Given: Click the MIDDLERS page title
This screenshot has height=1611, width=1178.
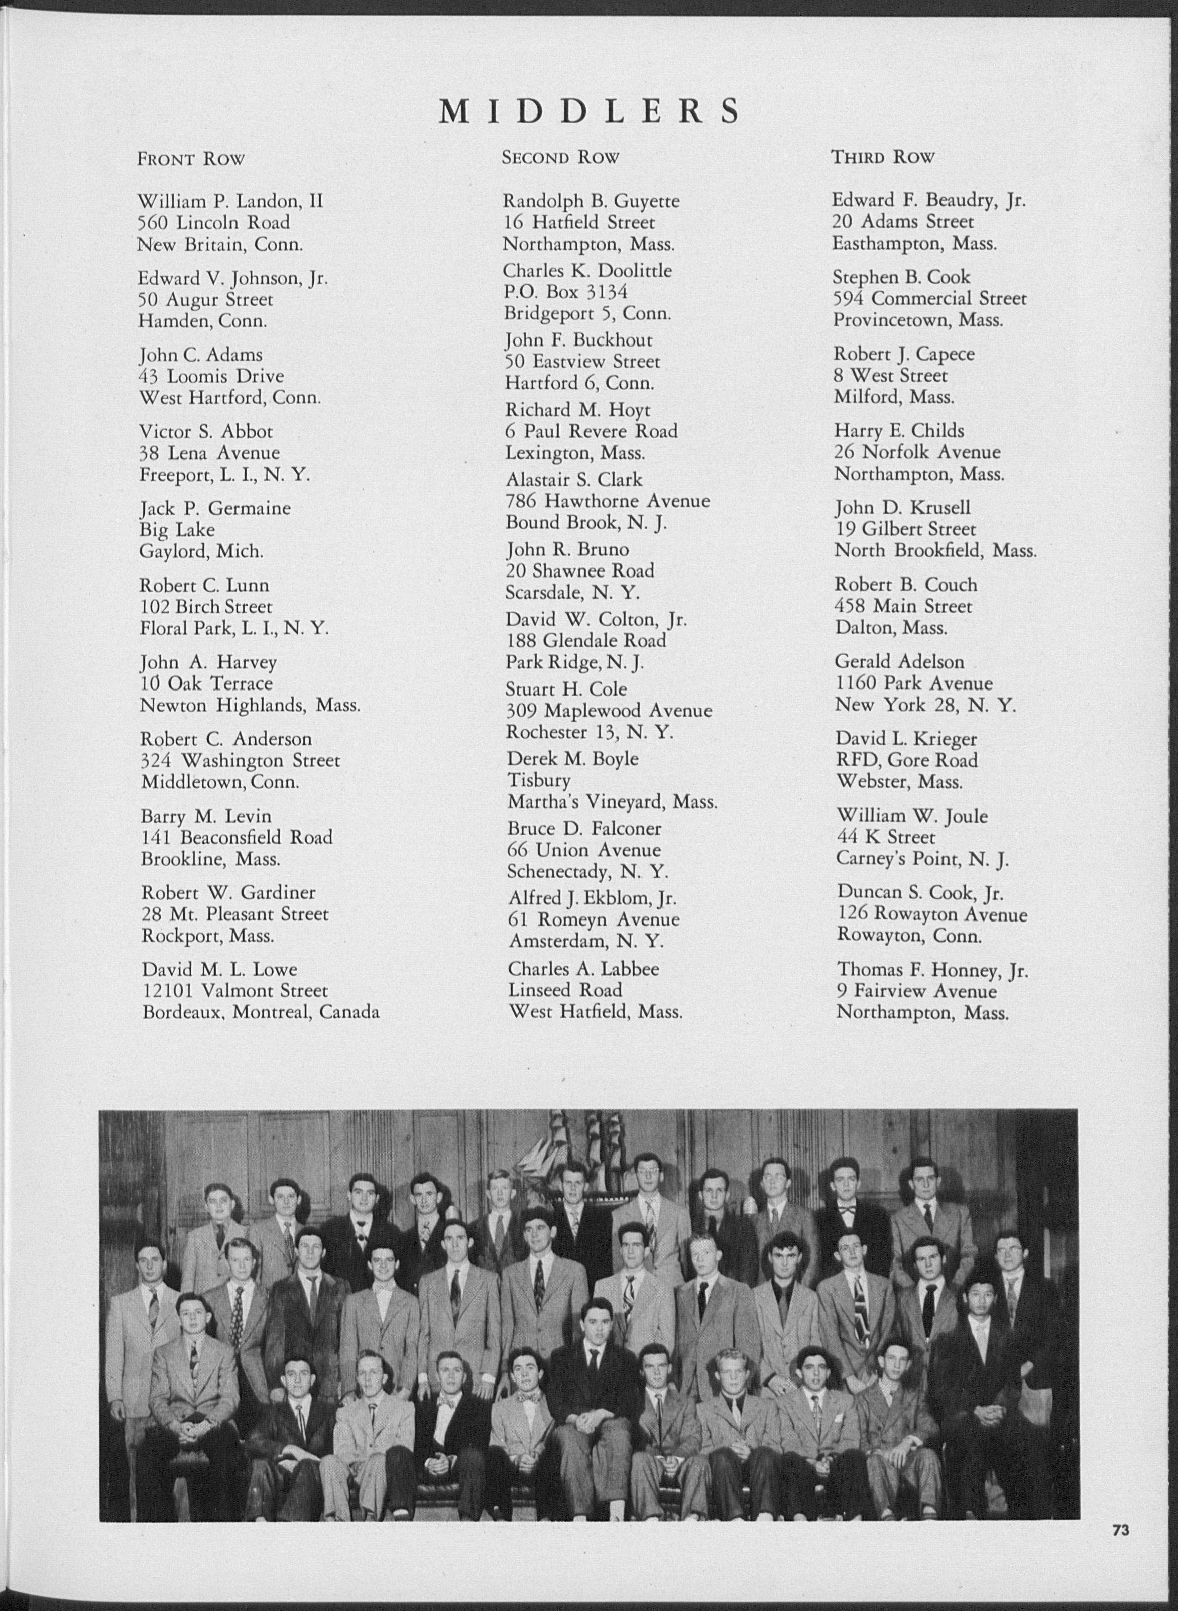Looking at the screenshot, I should coord(589,112).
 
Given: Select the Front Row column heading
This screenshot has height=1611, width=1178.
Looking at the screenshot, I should coord(191,158).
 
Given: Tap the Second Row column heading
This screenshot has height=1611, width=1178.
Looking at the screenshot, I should coord(560,157).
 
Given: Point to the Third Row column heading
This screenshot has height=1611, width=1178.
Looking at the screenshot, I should coord(883,157).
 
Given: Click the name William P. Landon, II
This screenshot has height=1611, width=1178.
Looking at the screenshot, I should coord(230,201).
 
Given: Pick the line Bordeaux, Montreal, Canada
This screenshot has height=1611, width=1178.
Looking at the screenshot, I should coord(260,1012).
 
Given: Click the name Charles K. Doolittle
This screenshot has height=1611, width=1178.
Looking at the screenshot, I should coord(587,271).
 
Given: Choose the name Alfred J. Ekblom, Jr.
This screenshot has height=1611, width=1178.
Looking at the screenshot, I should coord(593,898).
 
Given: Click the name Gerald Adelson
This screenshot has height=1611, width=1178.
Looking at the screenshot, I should coord(900,662).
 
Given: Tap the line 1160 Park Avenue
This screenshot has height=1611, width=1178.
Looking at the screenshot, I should coord(914,683).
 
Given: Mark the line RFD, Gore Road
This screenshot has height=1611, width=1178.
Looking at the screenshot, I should coord(906,760).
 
